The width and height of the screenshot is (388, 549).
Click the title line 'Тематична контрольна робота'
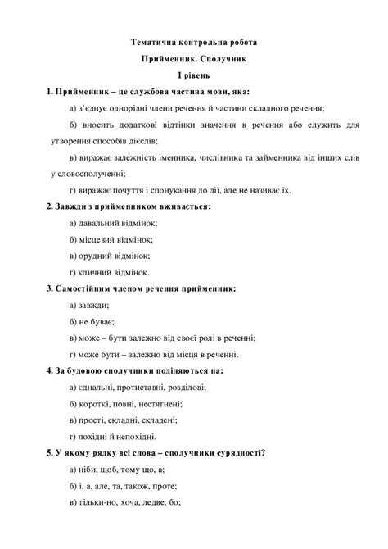[193, 41]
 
